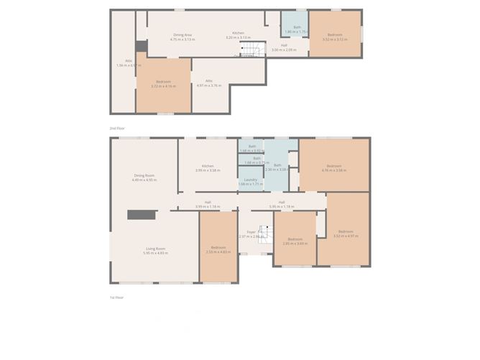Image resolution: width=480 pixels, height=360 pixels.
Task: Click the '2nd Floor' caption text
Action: pyautogui.click(x=116, y=127)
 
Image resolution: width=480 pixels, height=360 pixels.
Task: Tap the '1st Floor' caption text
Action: pyautogui.click(x=116, y=297)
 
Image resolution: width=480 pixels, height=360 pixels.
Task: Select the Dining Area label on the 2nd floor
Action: pyautogui.click(x=183, y=34)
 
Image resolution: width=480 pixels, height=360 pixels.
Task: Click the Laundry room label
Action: pyautogui.click(x=251, y=179)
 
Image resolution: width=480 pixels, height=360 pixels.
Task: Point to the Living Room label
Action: pyautogui.click(x=155, y=249)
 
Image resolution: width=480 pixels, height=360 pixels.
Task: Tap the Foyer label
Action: pyautogui.click(x=251, y=231)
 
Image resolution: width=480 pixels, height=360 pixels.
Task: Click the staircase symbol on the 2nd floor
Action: pyautogui.click(x=248, y=49)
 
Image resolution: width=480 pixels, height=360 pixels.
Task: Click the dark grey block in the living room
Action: pyautogui.click(x=142, y=214)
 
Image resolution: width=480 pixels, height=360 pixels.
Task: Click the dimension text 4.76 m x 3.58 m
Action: pyautogui.click(x=334, y=170)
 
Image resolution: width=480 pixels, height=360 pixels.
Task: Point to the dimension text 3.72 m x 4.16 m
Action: pyautogui.click(x=163, y=86)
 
